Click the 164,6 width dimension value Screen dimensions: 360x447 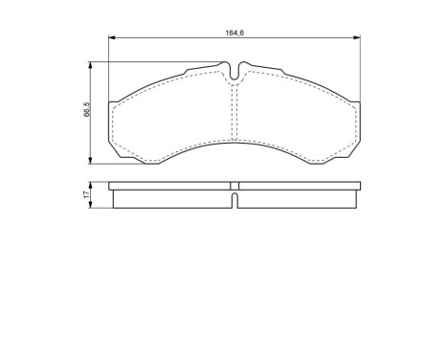pyautogui.click(x=235, y=33)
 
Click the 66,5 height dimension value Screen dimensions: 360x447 pyautogui.click(x=85, y=111)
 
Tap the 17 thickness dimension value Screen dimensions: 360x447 pyautogui.click(x=85, y=194)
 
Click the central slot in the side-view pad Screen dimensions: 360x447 pyautogui.click(x=235, y=198)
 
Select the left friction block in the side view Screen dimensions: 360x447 pyautogui.click(x=172, y=199)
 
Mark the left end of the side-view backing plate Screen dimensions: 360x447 pyautogui.click(x=111, y=187)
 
